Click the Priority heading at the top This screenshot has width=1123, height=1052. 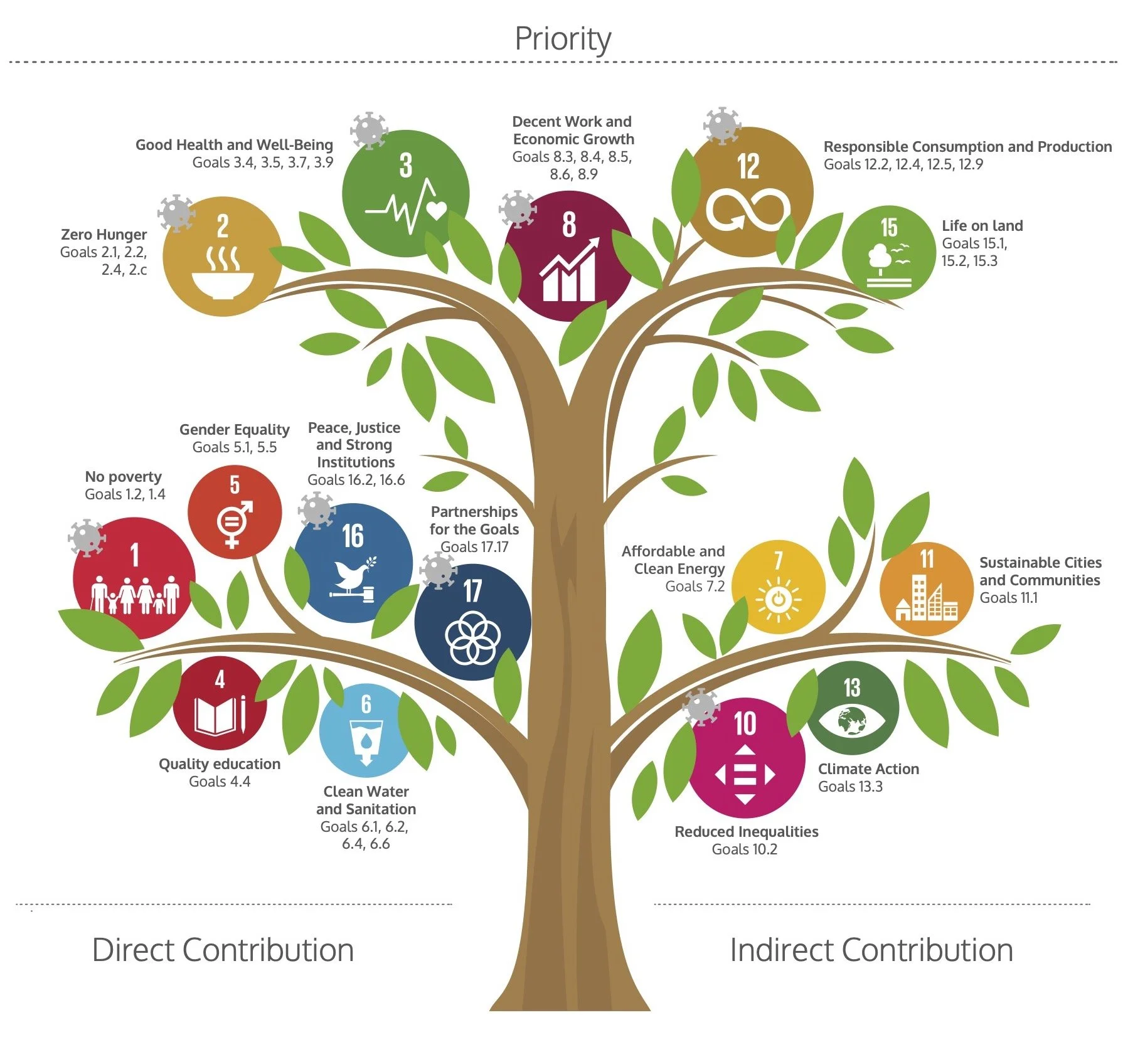point(562,39)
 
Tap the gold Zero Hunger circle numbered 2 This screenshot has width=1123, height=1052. point(222,257)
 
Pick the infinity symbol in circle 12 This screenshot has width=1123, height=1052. point(748,211)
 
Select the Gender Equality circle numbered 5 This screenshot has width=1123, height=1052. point(234,511)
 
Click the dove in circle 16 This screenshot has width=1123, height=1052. point(353,573)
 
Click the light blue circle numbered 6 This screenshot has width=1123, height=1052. point(366,730)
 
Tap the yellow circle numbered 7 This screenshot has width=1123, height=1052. point(778,587)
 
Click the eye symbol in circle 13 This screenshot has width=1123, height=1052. point(852,720)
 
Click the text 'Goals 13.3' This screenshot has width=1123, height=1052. point(850,787)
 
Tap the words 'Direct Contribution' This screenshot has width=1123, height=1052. point(223,950)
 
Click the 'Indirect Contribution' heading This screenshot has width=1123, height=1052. point(871,950)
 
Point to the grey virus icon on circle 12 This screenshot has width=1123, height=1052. point(723,125)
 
